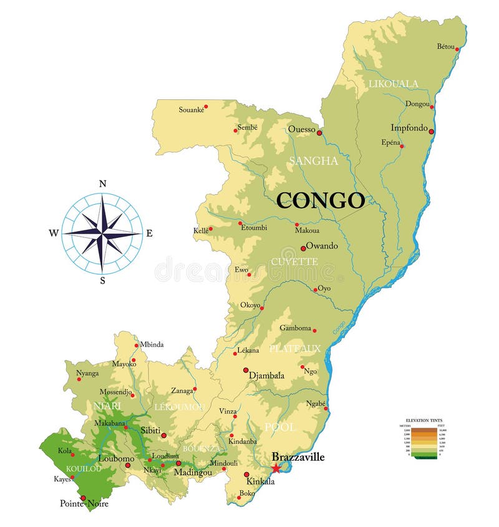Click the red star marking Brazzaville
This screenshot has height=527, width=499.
(x=276, y=468)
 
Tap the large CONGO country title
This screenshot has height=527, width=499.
(x=321, y=200)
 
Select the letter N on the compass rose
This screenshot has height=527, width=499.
(x=103, y=184)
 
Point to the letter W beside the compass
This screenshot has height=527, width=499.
(x=54, y=234)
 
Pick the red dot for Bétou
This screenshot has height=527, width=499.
(x=457, y=49)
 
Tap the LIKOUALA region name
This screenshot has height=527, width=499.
(x=394, y=84)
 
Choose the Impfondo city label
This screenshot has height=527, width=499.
(x=409, y=128)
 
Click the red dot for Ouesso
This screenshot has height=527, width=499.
(x=319, y=132)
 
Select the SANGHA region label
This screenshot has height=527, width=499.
(x=313, y=161)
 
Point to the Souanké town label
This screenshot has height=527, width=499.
(x=191, y=110)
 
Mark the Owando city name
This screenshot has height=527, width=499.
(x=322, y=246)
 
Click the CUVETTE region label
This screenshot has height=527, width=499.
(x=294, y=261)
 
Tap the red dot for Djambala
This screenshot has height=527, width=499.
(x=246, y=370)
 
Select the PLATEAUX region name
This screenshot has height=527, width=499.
(x=295, y=348)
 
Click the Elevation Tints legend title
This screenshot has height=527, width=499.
(x=424, y=421)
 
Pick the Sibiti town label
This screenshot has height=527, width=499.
(x=150, y=430)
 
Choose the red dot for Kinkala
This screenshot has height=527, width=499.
(x=246, y=474)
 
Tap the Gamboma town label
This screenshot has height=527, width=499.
(x=295, y=328)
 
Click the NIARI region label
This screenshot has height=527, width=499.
(x=107, y=406)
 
